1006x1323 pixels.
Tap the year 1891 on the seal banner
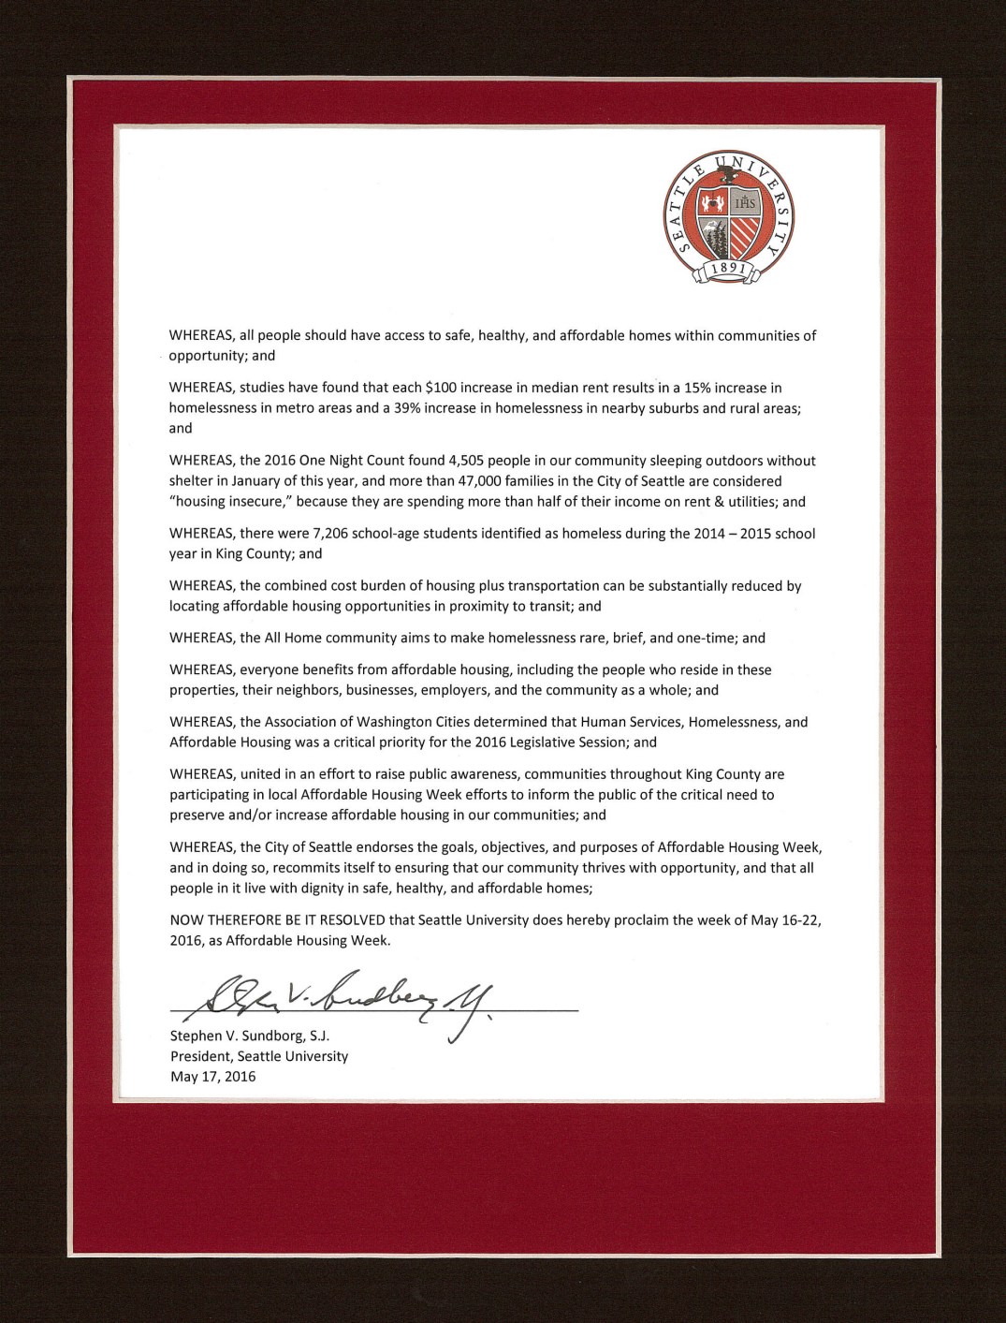(x=727, y=270)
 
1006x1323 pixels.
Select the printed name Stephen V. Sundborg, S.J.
(x=250, y=1036)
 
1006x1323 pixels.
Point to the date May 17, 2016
(x=212, y=1076)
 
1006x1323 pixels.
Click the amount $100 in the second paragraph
(x=441, y=388)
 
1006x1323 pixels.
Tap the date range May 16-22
(x=786, y=919)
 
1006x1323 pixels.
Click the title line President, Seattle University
(x=259, y=1056)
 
